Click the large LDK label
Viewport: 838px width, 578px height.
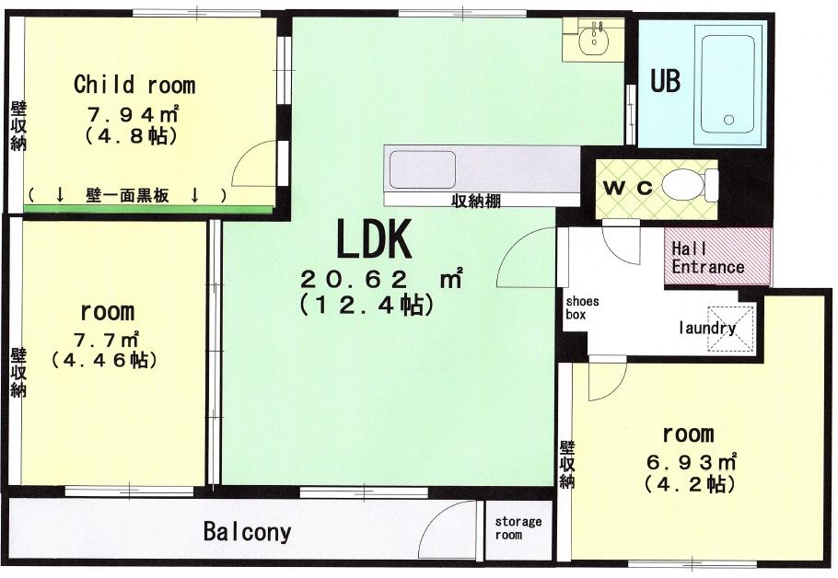(x=374, y=238)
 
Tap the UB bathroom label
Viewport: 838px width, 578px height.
(x=665, y=81)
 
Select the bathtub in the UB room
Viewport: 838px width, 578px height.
(x=728, y=85)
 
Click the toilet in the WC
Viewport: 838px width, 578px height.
(x=690, y=185)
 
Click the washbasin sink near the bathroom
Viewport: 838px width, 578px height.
(x=593, y=39)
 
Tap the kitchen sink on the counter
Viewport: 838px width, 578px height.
(x=423, y=170)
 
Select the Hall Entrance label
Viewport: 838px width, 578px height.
(x=707, y=258)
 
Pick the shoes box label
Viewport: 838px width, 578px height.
(x=583, y=307)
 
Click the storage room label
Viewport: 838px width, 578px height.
(x=518, y=527)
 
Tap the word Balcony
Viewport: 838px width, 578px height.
(x=248, y=532)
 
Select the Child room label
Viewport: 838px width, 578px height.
(x=134, y=85)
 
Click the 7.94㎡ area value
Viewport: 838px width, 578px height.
(x=133, y=114)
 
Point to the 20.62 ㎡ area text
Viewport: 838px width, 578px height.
(x=381, y=278)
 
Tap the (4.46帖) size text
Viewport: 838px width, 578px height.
(x=105, y=360)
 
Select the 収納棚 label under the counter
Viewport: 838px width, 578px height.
(x=476, y=201)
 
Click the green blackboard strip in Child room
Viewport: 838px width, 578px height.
(x=148, y=208)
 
